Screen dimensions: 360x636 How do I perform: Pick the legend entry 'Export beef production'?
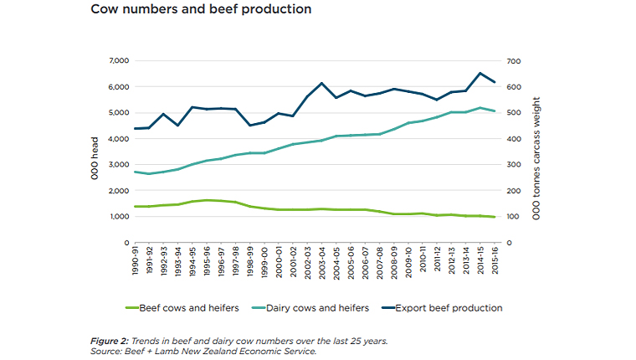click(453, 308)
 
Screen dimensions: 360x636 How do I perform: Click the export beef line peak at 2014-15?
click(480, 74)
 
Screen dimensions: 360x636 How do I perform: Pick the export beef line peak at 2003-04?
click(321, 84)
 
